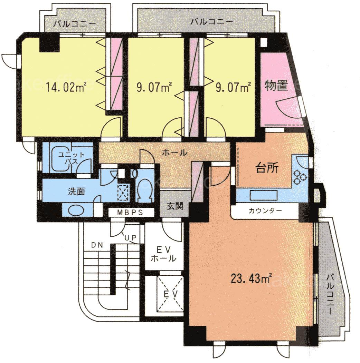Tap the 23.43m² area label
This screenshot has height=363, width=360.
[x=251, y=278]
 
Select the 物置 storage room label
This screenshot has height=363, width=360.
[x=276, y=86]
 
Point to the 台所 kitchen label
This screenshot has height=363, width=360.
[x=267, y=168]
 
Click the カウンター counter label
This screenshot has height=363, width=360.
[x=265, y=211]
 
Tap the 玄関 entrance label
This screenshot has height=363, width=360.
[x=175, y=206]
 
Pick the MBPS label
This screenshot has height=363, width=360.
[x=130, y=212]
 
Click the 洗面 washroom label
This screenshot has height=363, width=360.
[x=76, y=192]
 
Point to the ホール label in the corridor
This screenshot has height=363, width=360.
[x=174, y=153]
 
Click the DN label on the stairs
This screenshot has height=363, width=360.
[x=97, y=245]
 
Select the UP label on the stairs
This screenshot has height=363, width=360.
[x=131, y=237]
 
